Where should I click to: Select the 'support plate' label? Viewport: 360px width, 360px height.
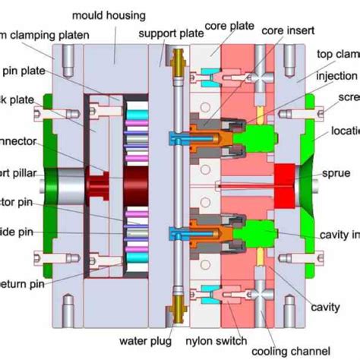[165, 33]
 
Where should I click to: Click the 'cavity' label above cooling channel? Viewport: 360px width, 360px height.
[325, 307]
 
